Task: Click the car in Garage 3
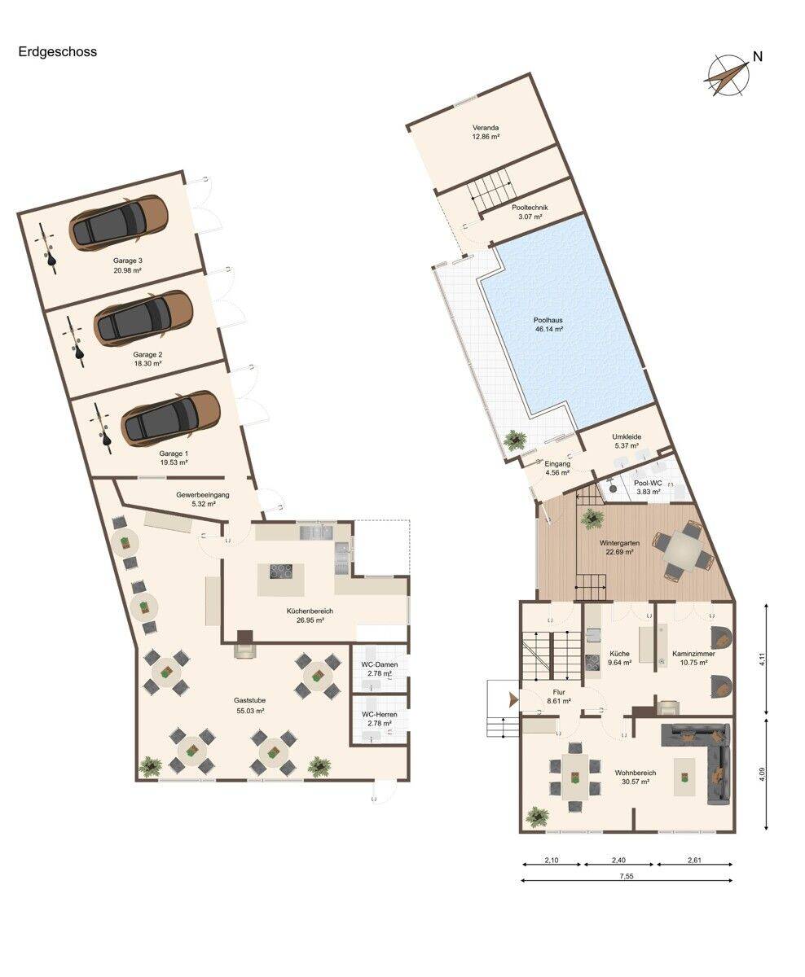coord(118,221)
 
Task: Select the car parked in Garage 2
coord(143,317)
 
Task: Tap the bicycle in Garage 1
coord(103,427)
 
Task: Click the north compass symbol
coord(728,77)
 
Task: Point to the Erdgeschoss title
coord(58,52)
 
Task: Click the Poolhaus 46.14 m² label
coord(548,324)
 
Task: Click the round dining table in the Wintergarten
coord(681,551)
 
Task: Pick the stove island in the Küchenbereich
coord(281,580)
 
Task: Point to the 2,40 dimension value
coord(618,861)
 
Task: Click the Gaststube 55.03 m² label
coord(249,706)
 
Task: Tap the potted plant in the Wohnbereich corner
coord(538,815)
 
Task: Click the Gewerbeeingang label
coord(203,499)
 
